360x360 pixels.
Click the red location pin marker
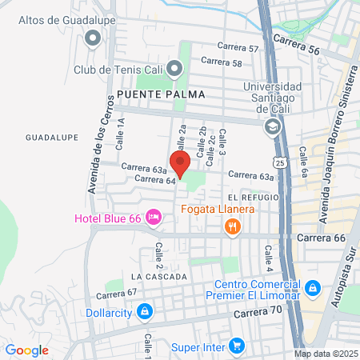tap(180, 163)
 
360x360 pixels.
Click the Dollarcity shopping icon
tap(144, 310)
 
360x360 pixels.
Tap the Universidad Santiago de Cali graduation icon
tap(273, 126)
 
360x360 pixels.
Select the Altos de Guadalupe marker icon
tap(93, 37)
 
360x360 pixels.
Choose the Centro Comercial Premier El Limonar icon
tap(313, 286)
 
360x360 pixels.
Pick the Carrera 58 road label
tap(221, 61)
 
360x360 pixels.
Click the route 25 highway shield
tap(277, 162)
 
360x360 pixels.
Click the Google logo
tap(27, 350)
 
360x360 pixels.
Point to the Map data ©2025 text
tap(324, 354)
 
